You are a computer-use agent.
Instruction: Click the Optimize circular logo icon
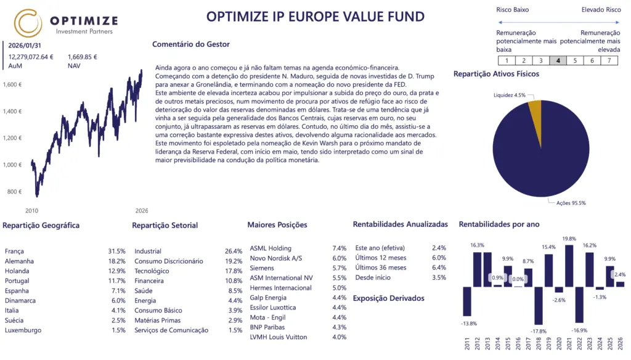click(28, 23)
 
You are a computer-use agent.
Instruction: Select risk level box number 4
click(558, 60)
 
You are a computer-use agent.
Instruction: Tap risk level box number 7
click(609, 60)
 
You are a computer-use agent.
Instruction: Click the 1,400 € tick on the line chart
click(12, 112)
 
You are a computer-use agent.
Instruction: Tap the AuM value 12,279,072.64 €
click(31, 57)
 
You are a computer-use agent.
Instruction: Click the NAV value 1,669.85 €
click(83, 57)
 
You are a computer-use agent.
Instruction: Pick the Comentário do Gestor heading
click(191, 44)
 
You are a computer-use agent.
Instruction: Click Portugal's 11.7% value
click(116, 281)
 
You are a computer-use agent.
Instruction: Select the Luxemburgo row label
click(23, 330)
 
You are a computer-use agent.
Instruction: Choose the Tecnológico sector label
click(152, 271)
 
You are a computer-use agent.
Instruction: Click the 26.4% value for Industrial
click(234, 252)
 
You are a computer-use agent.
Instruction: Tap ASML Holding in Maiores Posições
click(271, 248)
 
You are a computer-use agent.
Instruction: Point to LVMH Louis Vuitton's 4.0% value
click(340, 337)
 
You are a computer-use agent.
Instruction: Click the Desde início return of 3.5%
click(438, 277)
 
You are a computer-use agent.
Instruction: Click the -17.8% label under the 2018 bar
click(539, 330)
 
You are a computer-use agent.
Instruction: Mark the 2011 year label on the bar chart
click(467, 343)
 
